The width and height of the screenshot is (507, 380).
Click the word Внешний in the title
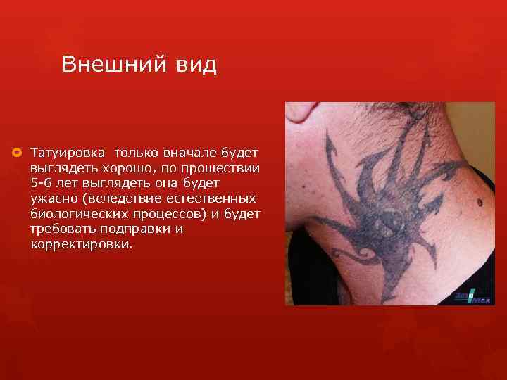(x=111, y=64)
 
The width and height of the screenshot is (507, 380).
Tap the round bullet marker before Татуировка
(x=15, y=151)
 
